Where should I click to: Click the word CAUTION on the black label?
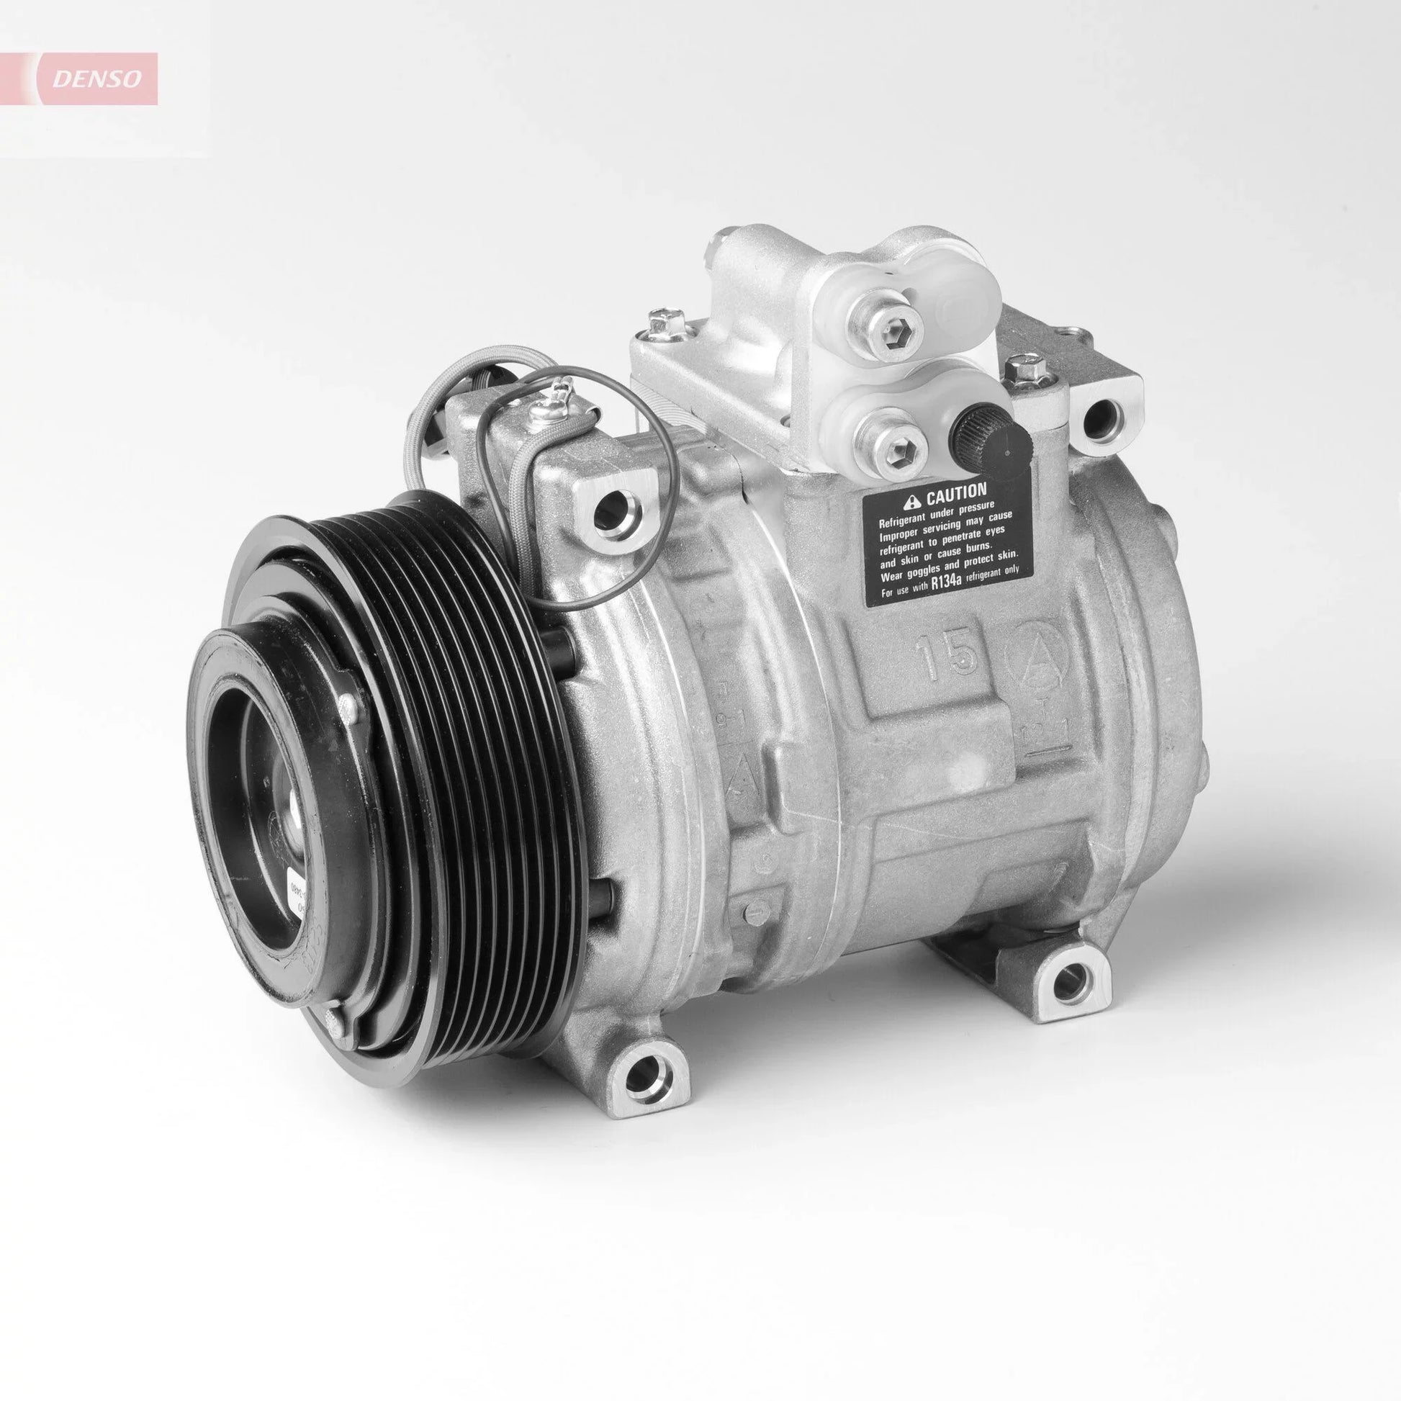coord(955,495)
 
